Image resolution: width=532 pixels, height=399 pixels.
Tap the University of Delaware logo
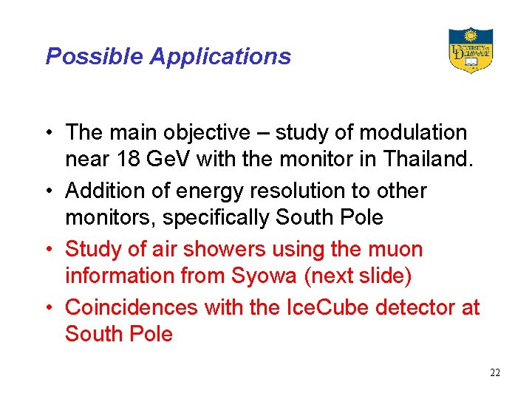pos(470,50)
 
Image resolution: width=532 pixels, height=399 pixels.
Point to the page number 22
pos(495,372)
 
